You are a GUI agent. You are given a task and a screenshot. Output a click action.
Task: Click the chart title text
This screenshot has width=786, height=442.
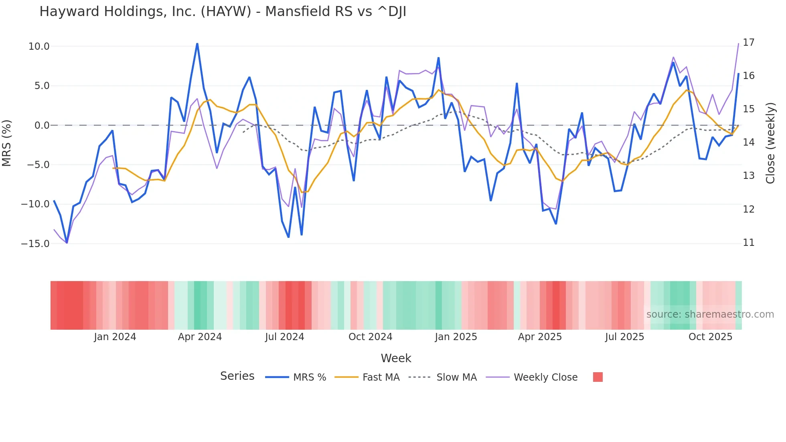point(223,12)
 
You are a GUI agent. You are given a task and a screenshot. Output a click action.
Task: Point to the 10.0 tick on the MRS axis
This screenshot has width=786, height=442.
point(39,47)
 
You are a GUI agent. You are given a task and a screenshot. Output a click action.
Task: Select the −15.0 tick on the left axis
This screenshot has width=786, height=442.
point(35,244)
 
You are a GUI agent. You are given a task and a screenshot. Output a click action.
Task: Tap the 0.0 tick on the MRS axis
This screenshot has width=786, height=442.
point(42,126)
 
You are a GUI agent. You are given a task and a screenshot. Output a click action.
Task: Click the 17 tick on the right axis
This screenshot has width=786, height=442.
point(748,43)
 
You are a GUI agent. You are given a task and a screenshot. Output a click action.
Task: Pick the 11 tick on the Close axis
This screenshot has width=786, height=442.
point(748,243)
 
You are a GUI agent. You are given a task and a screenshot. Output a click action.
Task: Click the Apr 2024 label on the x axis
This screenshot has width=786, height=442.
point(200,337)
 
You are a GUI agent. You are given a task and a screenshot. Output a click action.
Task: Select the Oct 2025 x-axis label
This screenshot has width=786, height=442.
point(710,337)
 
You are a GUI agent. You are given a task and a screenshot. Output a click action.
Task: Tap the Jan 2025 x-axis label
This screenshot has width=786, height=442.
point(456,337)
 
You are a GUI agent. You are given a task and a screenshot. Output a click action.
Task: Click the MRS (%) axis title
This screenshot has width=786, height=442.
point(7,143)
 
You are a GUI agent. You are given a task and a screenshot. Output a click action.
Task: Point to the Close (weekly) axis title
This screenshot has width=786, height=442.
point(770,143)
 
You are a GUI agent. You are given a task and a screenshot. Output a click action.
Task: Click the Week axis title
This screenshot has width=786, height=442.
point(396,358)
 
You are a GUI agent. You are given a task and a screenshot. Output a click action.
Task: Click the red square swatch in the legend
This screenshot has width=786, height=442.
point(598,377)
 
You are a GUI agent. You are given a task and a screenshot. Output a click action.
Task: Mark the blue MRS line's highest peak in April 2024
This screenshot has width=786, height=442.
point(197,44)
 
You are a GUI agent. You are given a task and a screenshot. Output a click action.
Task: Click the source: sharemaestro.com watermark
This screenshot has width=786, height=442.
point(710,314)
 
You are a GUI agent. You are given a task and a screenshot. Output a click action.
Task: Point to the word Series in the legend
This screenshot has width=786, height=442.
point(237,376)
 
